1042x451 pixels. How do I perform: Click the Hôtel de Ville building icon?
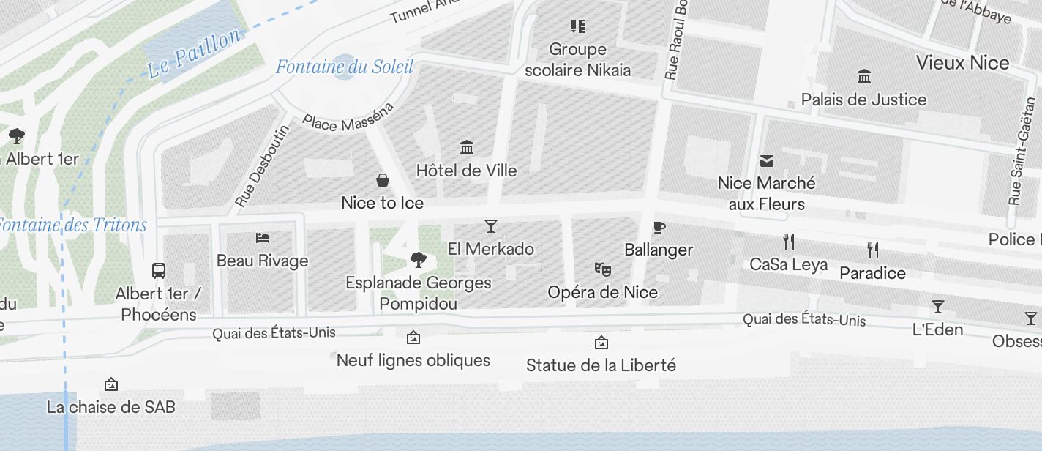pos(467,148)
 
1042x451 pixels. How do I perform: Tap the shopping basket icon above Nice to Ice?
pos(382,180)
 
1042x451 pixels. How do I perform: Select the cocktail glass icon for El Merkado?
pos(491,226)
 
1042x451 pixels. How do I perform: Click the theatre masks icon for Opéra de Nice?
pos(603,269)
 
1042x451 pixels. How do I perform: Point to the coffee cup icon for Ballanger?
pos(659,227)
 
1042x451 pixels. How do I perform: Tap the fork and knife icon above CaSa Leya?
pos(789,241)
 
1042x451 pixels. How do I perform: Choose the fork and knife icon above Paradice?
pos(873,250)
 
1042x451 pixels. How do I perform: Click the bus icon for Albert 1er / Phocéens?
pos(159,271)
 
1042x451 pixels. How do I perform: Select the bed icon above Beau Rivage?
pos(263,238)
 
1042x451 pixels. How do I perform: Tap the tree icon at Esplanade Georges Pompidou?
pos(419,259)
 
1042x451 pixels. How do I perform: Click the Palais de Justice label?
pos(863,100)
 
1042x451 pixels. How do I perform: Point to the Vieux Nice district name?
pos(962,63)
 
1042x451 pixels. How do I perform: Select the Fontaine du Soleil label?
pos(345,67)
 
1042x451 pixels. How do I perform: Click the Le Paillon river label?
pos(194,54)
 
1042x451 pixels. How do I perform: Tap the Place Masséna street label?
pos(348,117)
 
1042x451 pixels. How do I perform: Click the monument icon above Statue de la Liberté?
pos(601,342)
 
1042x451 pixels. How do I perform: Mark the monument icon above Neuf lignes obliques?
pos(413,338)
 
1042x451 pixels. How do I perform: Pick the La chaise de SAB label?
pos(111,407)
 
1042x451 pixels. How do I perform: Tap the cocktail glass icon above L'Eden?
pos(938,306)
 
